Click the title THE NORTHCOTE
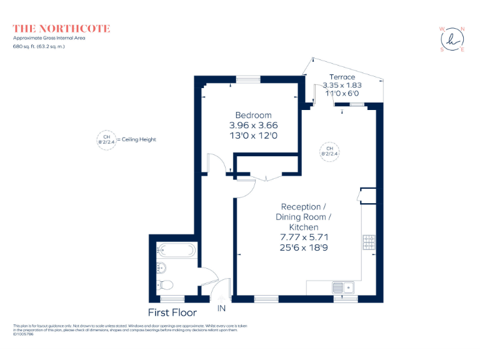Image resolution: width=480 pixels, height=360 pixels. click(62, 29)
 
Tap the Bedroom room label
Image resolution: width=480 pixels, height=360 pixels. click(253, 115)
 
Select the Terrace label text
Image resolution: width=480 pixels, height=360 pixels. click(342, 77)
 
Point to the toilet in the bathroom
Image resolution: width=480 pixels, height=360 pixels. click(166, 285)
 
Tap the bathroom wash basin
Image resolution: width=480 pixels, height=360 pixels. click(161, 268)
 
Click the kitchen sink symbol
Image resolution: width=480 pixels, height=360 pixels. click(343, 287)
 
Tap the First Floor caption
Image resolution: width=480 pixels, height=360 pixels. click(172, 312)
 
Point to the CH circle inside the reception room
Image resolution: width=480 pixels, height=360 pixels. click(329, 151)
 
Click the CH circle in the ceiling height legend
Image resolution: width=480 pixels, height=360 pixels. click(106, 139)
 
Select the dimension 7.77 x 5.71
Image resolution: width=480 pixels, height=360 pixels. click(304, 237)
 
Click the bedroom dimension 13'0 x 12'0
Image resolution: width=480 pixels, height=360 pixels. click(253, 135)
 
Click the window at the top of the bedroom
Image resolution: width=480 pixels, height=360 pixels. click(248, 79)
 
